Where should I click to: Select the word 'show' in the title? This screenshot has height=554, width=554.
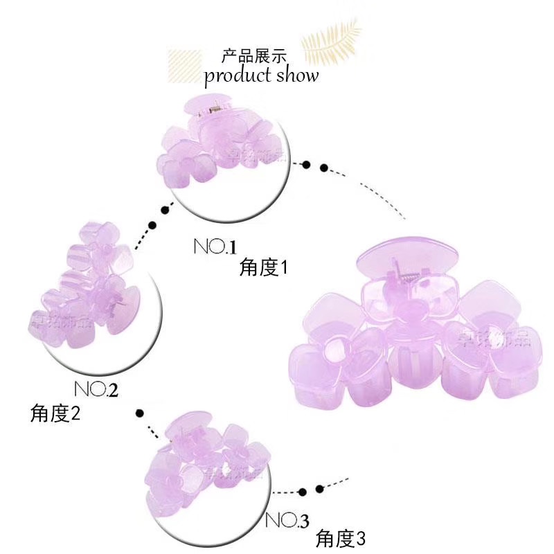click(298, 75)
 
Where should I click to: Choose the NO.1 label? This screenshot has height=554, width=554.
click(215, 247)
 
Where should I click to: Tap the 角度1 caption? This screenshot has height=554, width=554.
click(263, 267)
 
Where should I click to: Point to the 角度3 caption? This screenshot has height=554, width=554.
click(340, 537)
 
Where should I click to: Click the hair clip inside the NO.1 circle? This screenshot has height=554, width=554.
click(215, 145)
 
